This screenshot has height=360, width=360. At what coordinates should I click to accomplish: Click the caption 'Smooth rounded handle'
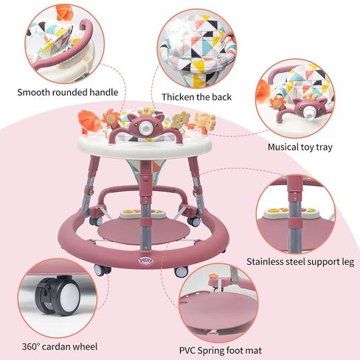click(68, 92)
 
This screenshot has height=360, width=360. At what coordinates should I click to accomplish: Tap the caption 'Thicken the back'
click(196, 97)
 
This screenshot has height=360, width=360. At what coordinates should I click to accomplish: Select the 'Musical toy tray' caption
click(300, 147)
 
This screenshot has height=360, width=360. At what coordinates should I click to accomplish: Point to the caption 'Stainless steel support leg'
click(300, 262)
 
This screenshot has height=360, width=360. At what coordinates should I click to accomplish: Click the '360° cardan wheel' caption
click(60, 347)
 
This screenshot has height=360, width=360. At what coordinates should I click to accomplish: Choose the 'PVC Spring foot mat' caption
click(221, 350)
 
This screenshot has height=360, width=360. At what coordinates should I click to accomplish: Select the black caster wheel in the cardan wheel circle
click(58, 296)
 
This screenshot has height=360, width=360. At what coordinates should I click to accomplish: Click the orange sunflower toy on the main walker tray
click(110, 119)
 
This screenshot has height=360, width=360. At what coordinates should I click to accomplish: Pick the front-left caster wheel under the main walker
click(102, 270)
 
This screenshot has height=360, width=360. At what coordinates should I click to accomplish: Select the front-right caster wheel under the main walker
click(181, 271)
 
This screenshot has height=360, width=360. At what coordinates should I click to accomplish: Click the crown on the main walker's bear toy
click(146, 111)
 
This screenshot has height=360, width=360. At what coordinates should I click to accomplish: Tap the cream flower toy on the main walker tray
click(181, 120)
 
